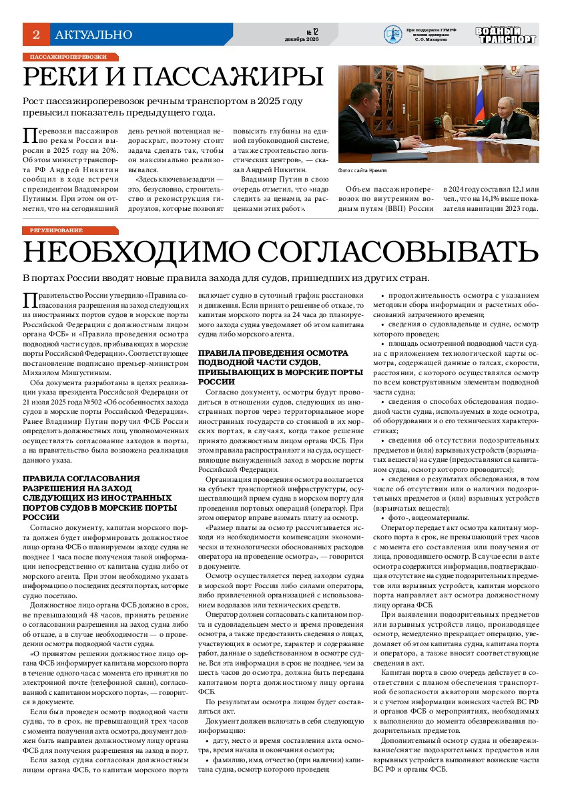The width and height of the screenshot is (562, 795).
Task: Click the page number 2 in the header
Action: click(x=36, y=34)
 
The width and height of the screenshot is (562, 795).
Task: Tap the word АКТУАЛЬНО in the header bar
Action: click(x=93, y=35)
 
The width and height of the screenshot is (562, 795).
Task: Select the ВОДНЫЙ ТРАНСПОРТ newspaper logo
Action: click(x=505, y=35)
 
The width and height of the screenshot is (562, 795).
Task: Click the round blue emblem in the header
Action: click(x=392, y=34)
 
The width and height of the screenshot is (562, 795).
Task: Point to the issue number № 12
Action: click(x=312, y=31)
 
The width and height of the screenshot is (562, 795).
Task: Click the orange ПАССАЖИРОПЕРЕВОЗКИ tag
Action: click(x=69, y=57)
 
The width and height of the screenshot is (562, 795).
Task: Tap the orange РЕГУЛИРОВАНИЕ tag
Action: click(x=56, y=230)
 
